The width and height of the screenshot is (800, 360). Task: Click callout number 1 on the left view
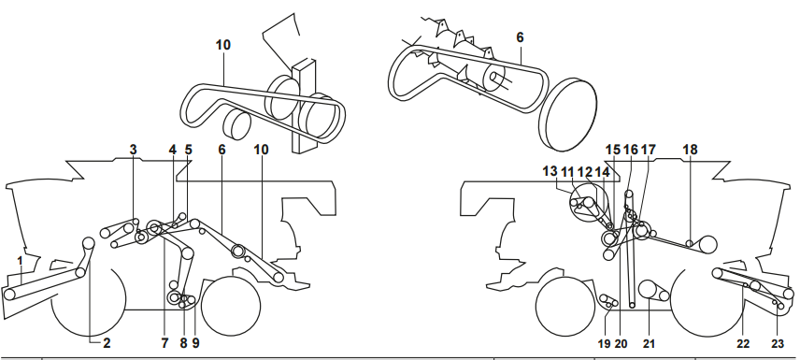20,262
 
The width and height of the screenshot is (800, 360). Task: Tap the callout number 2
107,343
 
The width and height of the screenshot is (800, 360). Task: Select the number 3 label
133,150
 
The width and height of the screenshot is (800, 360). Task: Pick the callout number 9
195,344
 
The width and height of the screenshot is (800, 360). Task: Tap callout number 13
550,171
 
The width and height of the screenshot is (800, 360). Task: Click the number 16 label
631,150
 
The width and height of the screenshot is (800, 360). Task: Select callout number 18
690,150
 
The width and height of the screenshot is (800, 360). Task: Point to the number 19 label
604,344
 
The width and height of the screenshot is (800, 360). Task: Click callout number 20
621,344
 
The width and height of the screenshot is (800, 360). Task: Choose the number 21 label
649,344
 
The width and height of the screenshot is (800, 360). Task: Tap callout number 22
743,344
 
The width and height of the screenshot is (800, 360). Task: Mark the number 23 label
777,344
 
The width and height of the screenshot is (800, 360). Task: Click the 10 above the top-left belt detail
223,45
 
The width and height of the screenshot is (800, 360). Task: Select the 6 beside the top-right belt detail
520,37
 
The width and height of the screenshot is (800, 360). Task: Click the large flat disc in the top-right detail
568,115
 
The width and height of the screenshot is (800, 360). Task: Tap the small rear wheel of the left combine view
231,307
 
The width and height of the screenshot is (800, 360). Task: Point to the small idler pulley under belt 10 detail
236,125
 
